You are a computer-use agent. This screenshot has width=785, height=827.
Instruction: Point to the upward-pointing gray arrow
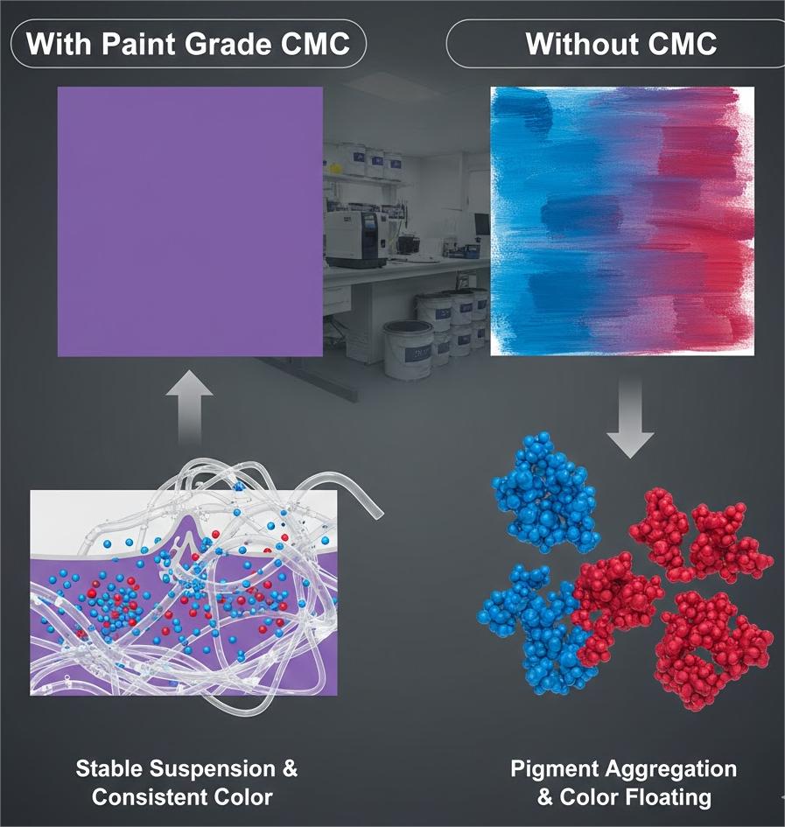[x=189, y=407]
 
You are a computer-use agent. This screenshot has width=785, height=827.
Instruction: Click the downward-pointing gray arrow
[x=630, y=419]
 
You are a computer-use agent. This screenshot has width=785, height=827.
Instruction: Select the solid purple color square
[x=190, y=221]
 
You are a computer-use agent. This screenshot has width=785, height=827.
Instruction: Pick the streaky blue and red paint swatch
[x=622, y=221]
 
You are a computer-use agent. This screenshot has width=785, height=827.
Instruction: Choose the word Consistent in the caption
[x=145, y=797]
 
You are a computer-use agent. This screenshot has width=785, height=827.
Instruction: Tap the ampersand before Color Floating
[x=545, y=797]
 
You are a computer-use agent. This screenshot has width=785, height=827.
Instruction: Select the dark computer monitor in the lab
[x=481, y=224]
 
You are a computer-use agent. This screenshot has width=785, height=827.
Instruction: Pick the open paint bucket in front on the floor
[x=407, y=349]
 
